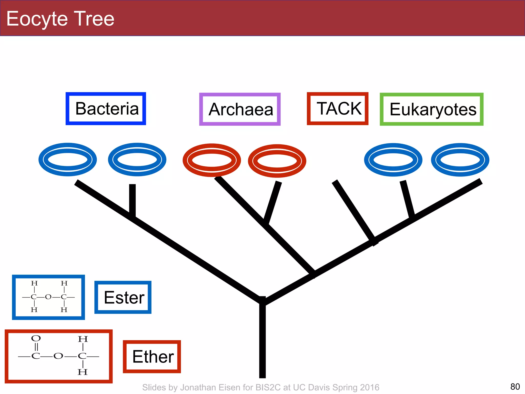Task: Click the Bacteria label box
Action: click(x=106, y=109)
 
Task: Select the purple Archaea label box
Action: click(x=240, y=109)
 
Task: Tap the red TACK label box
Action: click(x=338, y=109)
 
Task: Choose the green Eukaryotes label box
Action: click(x=432, y=109)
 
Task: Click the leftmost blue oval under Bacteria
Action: click(x=68, y=160)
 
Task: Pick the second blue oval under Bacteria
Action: click(x=137, y=160)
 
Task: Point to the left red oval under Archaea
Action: click(x=212, y=160)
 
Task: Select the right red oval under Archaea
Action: click(x=277, y=161)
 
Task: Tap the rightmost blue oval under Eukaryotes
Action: click(x=460, y=160)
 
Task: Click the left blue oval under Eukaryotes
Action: click(x=393, y=160)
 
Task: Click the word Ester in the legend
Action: click(x=124, y=298)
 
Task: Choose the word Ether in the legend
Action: click(x=153, y=357)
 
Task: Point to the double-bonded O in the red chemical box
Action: click(x=36, y=338)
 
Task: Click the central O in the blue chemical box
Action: click(x=48, y=297)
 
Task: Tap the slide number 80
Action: click(x=515, y=387)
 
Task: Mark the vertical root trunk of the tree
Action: click(x=262, y=341)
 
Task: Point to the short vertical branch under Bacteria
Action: click(x=132, y=200)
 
